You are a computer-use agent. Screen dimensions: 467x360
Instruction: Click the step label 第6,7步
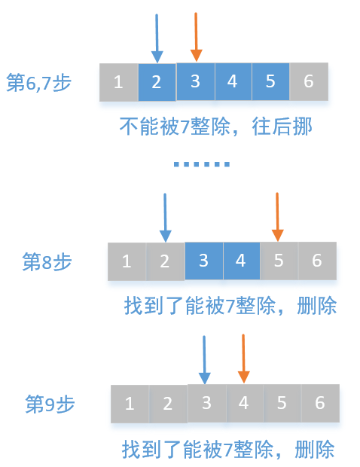pos(38,82)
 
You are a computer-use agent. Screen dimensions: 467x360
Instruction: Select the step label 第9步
pos(50,403)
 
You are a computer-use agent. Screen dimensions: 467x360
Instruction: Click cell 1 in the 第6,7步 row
pos(118,82)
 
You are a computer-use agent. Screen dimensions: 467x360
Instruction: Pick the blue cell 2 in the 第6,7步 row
pos(157,82)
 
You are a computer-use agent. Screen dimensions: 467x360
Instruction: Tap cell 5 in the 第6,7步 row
pos(271,81)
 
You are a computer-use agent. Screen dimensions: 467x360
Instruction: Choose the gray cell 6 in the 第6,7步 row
pos(309,81)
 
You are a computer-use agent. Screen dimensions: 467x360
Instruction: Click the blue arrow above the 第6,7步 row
pos(156,38)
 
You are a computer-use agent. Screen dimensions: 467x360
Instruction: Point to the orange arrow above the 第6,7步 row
pos(196,36)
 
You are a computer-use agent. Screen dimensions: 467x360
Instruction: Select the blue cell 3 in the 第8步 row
pos(203,261)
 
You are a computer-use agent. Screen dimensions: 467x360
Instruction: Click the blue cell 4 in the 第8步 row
pos(241,261)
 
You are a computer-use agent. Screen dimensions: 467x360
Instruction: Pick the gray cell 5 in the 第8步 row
pos(279,261)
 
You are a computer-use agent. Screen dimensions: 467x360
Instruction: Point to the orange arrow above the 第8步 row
pos(278,217)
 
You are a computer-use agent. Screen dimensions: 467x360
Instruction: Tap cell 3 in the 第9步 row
pos(206,403)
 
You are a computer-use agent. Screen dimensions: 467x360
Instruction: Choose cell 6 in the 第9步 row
pos(319,403)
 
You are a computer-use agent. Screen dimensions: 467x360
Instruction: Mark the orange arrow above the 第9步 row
pos(243,359)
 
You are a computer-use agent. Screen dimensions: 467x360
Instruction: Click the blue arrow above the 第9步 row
pos(205,360)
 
